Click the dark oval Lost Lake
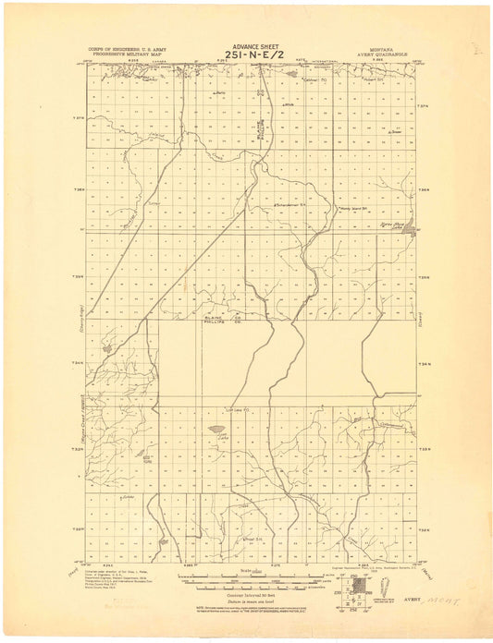tap(216, 429)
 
